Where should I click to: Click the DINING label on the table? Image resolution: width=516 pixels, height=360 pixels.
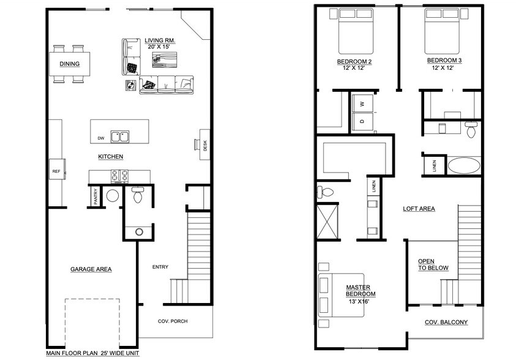[69, 64]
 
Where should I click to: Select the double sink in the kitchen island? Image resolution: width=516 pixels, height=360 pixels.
[120, 136]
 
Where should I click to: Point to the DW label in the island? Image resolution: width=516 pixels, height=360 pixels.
[100, 138]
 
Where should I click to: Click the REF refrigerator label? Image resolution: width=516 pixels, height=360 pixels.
[55, 171]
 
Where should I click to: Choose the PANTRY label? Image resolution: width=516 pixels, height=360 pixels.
[95, 197]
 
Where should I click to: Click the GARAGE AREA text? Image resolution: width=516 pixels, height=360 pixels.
[91, 269]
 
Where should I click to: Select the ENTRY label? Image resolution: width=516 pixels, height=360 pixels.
[160, 266]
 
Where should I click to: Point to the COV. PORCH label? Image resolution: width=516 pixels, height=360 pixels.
[173, 321]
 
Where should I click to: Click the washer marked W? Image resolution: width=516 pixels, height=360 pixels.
[362, 104]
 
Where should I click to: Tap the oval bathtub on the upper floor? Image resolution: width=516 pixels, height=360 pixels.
[465, 166]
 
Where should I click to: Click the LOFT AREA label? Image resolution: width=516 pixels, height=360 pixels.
[419, 209]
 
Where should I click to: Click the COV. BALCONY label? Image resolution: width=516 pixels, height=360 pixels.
[446, 322]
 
